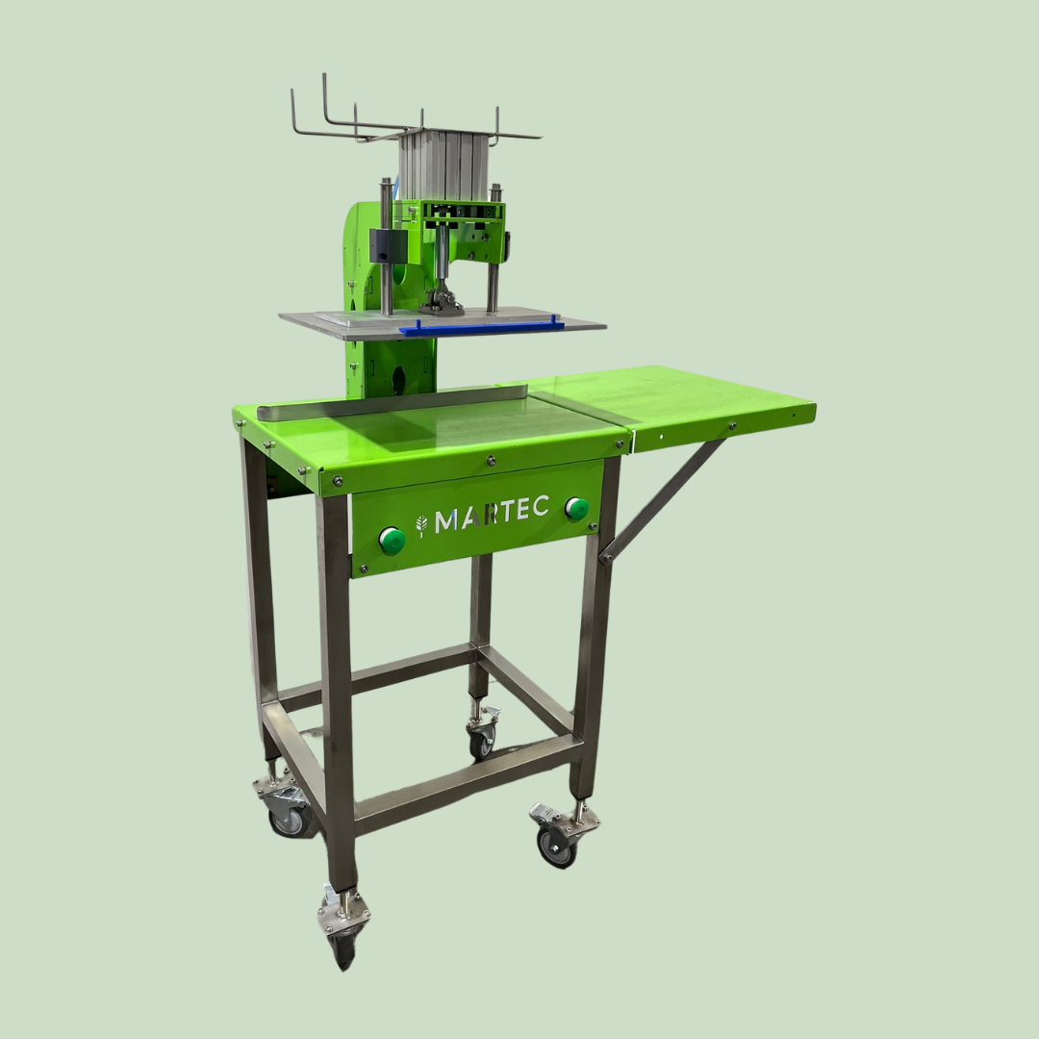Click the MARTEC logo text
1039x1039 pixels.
[492, 514]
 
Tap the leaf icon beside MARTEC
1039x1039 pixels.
[420, 525]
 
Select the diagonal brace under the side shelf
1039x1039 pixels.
[666, 499]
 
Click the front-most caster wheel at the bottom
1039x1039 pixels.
[344, 949]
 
